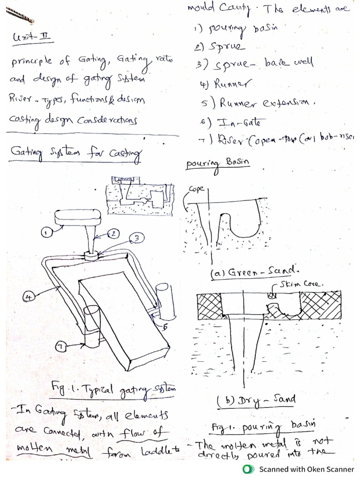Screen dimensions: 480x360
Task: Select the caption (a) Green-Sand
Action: [x=242, y=271]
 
